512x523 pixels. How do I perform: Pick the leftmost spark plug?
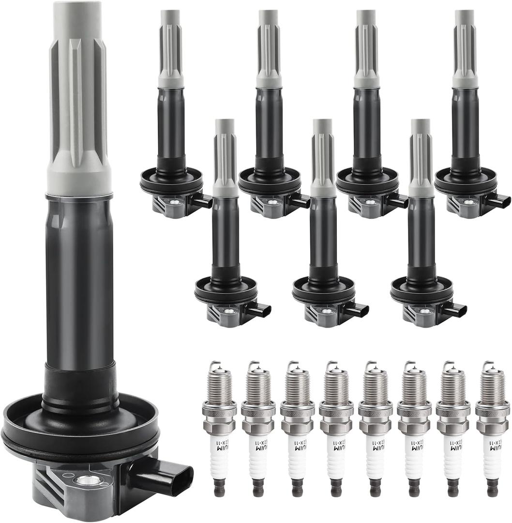tap(219, 426)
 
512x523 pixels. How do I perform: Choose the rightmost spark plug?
tap(492, 426)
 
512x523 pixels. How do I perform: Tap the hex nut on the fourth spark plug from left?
tap(336, 427)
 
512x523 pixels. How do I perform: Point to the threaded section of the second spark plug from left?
tap(258, 388)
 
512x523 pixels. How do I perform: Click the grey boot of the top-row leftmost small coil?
tap(171, 48)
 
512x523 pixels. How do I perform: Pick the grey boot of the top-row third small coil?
tap(366, 48)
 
